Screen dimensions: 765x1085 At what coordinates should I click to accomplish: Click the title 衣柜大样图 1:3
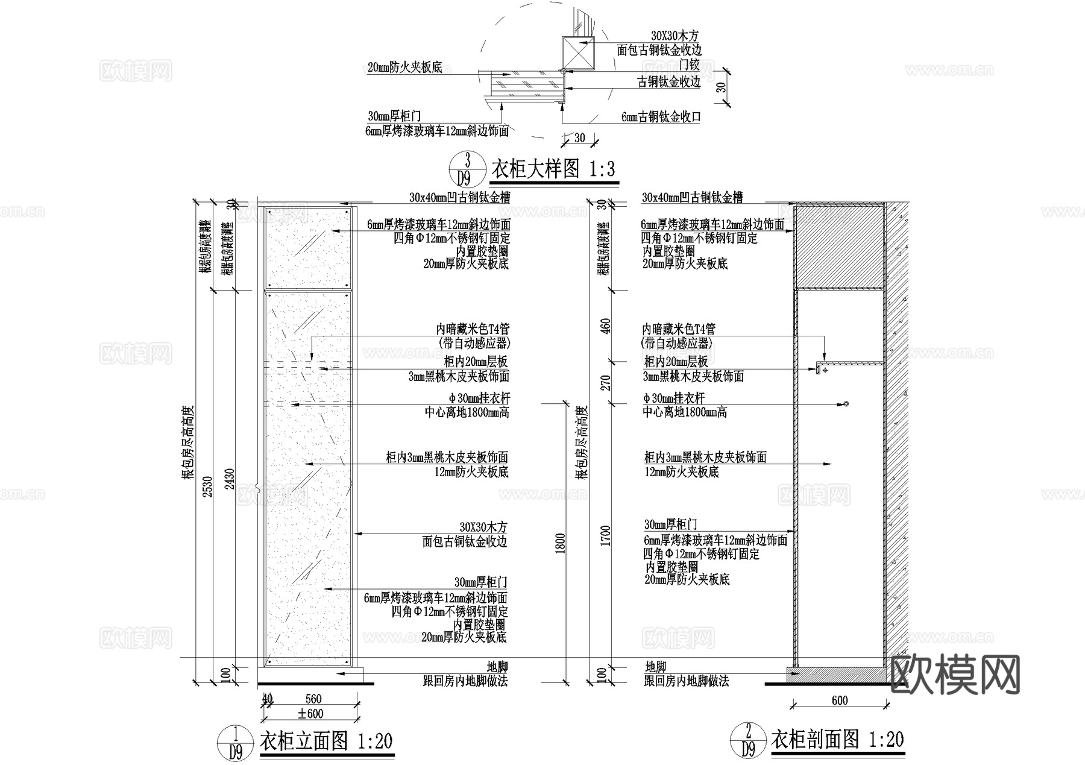pyautogui.click(x=553, y=169)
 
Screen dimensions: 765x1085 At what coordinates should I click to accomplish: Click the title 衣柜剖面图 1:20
pyautogui.click(x=838, y=739)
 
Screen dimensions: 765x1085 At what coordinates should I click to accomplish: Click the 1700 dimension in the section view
pyautogui.click(x=606, y=535)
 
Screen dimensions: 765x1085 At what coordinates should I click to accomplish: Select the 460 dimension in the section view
pyautogui.click(x=606, y=326)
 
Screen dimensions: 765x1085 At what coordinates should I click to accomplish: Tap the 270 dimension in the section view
pyautogui.click(x=606, y=383)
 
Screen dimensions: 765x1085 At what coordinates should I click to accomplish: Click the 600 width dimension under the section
pyautogui.click(x=839, y=700)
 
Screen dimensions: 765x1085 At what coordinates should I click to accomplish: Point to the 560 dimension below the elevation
pyautogui.click(x=313, y=699)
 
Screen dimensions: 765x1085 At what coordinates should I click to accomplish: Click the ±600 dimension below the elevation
pyautogui.click(x=311, y=714)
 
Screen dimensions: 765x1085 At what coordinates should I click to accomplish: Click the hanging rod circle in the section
pyautogui.click(x=846, y=403)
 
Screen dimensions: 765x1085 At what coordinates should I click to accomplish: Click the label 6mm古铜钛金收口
pyautogui.click(x=662, y=117)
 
